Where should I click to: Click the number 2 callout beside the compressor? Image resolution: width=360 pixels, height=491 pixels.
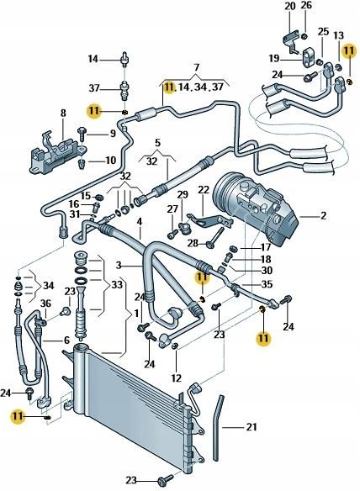pos(323,216)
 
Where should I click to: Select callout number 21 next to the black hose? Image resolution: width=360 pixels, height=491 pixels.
pos(251,427)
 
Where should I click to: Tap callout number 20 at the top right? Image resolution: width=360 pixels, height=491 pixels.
pos(290,7)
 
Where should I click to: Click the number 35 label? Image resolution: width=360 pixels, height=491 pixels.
pos(266,285)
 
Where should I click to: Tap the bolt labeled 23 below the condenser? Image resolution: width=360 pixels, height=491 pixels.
pos(161,479)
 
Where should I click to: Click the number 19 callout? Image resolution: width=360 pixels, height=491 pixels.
pos(274,59)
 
